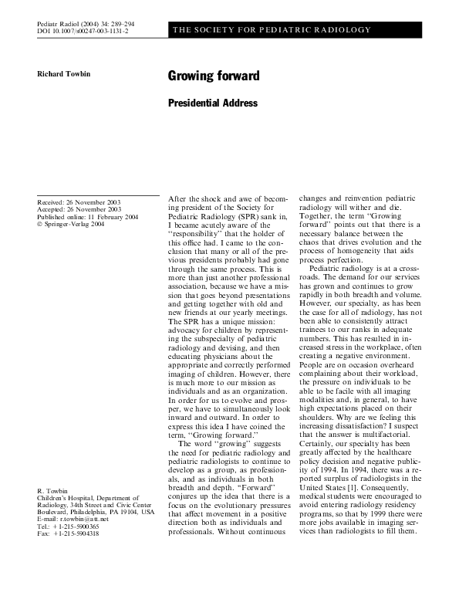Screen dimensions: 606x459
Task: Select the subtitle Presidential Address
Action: point(212,103)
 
